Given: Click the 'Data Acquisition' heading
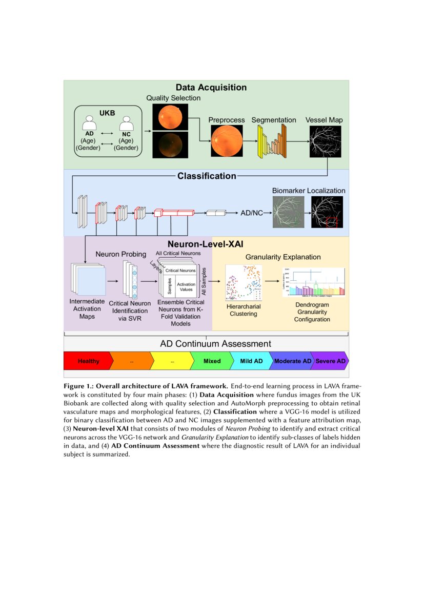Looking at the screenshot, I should (211, 88).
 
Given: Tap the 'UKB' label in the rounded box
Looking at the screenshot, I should (107, 113).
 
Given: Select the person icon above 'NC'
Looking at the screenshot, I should (126, 123).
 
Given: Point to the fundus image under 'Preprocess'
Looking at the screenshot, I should (226, 141).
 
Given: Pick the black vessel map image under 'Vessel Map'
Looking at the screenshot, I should (324, 141).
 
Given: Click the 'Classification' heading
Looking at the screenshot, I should (207, 176).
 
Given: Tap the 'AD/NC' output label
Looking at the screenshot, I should (252, 213).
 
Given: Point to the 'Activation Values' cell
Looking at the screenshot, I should (186, 286).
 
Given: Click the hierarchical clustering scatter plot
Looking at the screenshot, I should (244, 283).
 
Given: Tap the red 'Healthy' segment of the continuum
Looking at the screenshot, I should (88, 361).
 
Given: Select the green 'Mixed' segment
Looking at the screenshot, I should (211, 361).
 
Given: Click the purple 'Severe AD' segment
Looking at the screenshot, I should (330, 361).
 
